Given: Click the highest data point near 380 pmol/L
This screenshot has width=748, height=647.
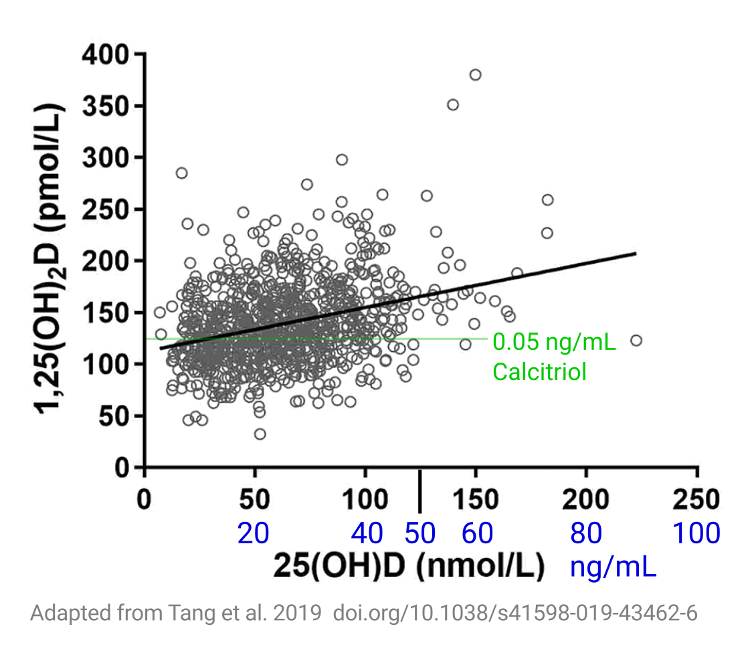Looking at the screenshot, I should [x=475, y=74].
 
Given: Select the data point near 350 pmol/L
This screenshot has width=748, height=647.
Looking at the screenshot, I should [x=453, y=104].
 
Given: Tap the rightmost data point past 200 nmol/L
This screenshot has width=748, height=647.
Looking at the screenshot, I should [x=636, y=341].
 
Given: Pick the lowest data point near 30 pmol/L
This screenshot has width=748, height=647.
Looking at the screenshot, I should [x=260, y=434].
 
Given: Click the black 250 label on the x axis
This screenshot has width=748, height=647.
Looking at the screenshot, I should [x=696, y=499].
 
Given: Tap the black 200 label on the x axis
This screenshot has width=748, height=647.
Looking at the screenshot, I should [x=586, y=499].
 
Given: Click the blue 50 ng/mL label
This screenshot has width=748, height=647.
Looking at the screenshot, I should [x=420, y=533].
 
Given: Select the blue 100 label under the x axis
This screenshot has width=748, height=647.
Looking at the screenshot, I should [x=696, y=533].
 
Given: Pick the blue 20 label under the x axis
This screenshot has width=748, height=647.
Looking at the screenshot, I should [x=254, y=533].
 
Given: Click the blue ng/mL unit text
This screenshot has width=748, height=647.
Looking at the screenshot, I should [x=613, y=567].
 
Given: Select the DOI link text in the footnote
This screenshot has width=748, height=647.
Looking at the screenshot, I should [x=515, y=613].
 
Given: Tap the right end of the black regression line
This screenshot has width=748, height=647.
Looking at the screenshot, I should [x=634, y=253].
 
